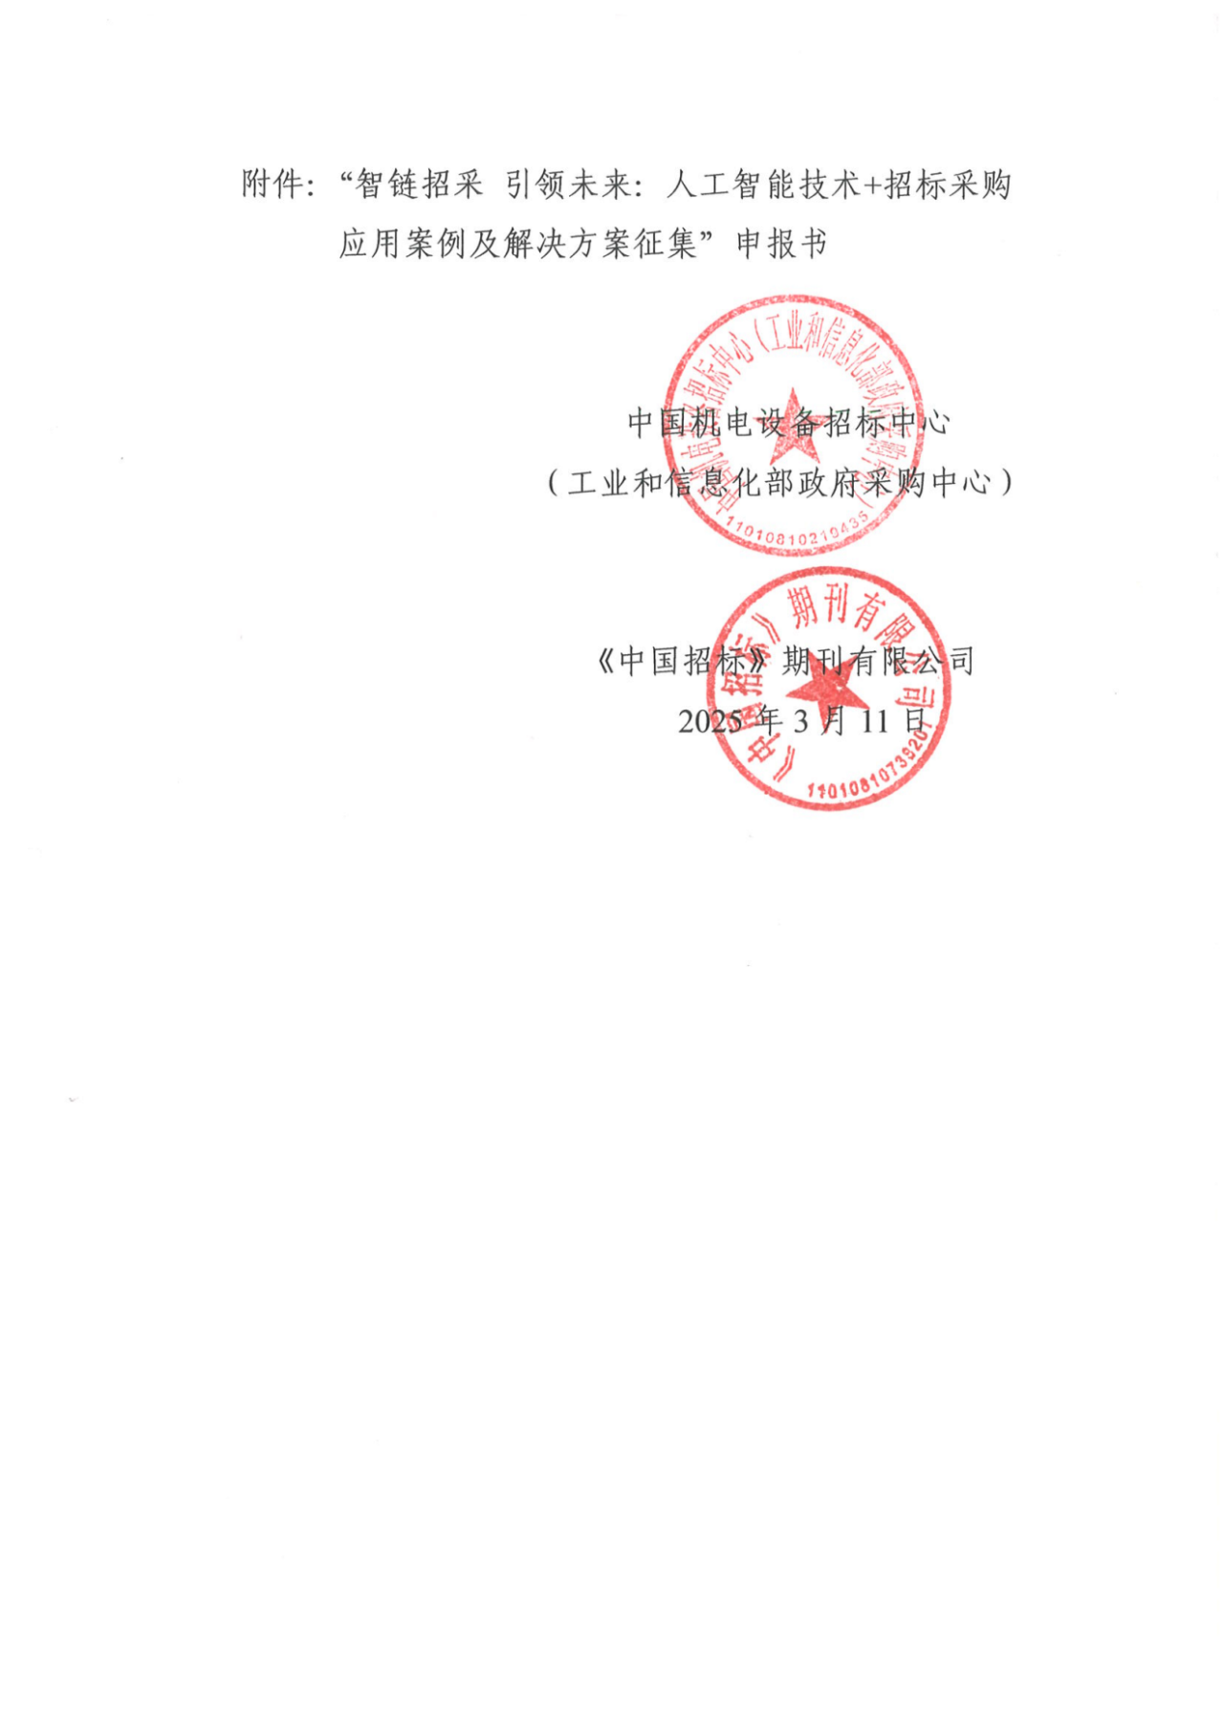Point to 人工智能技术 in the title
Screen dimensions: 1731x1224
click(763, 185)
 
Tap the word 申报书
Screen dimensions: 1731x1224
click(780, 244)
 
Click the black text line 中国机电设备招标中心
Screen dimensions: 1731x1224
click(788, 422)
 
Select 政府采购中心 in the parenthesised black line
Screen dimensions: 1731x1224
click(895, 483)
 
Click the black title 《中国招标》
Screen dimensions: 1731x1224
click(684, 660)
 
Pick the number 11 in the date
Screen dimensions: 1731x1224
click(874, 720)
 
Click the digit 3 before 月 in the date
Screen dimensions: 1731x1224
click(800, 720)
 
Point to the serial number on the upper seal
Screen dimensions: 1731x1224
click(801, 532)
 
